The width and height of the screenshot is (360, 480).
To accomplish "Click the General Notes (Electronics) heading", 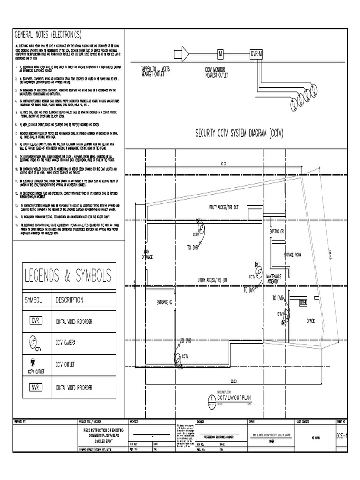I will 49,35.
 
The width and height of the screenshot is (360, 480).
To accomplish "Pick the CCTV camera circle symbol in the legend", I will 33,341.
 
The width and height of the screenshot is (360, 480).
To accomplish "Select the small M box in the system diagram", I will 219,54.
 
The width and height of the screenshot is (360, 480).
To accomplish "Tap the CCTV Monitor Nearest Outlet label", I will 217,72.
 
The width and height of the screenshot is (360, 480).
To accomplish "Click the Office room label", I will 310,321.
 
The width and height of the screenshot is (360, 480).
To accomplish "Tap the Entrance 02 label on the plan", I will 165,302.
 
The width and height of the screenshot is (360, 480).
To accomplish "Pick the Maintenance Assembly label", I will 276,279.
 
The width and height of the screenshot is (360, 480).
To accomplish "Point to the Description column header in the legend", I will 69,300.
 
